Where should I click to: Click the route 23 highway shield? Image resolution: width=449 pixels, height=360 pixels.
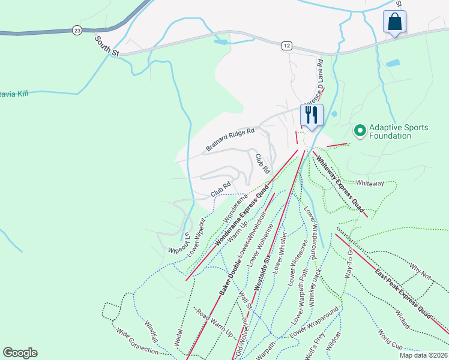[76, 29]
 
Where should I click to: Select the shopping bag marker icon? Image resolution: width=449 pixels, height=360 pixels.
[394, 22]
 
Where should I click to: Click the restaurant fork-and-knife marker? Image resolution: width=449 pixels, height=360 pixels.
[311, 114]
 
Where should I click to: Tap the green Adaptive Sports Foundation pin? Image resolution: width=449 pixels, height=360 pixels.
[360, 130]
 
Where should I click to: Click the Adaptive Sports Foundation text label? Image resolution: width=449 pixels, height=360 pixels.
[399, 131]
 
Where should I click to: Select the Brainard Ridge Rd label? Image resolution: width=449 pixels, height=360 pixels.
[230, 139]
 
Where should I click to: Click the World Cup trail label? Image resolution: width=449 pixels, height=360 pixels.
[390, 339]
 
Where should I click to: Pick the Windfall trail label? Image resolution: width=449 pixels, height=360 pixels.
[152, 331]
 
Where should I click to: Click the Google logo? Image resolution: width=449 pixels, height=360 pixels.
[20, 353]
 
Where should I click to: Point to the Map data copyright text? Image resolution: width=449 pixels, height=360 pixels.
[423, 355]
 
